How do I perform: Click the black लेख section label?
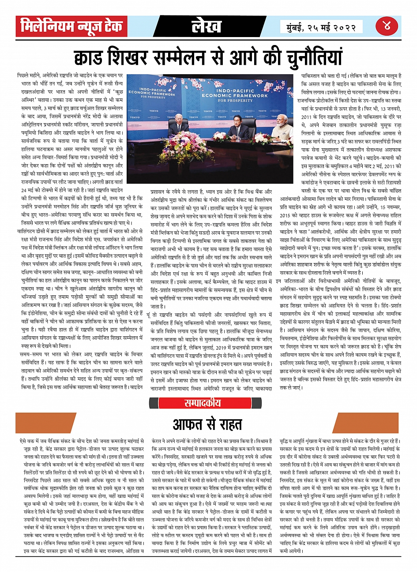pyautogui.click(x=207, y=26)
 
